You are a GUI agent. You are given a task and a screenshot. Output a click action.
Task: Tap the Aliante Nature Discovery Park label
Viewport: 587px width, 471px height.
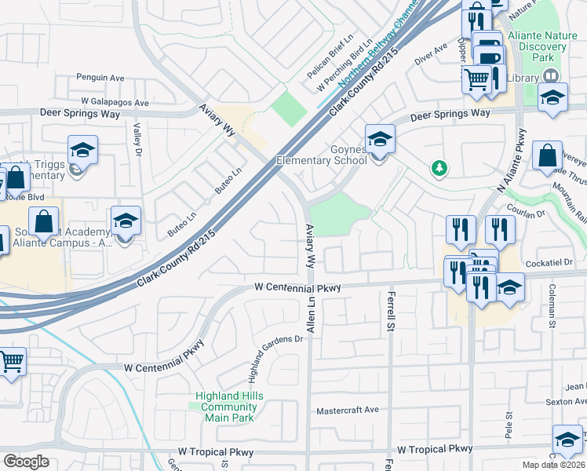[x=537, y=46]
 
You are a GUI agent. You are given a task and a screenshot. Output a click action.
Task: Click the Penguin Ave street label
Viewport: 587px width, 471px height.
[x=100, y=78]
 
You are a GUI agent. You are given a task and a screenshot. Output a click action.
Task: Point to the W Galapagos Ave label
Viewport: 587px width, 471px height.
[x=115, y=103]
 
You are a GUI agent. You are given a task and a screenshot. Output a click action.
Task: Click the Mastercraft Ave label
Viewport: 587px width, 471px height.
[x=347, y=411]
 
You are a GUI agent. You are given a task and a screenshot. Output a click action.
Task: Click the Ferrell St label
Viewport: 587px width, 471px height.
[x=390, y=311]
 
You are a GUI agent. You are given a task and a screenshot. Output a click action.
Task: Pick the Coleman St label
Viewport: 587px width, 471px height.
[x=552, y=306]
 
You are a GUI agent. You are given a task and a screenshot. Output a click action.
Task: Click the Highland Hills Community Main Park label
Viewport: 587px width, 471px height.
[x=229, y=407]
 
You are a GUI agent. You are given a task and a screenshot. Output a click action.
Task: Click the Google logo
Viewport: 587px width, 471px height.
[x=27, y=462]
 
